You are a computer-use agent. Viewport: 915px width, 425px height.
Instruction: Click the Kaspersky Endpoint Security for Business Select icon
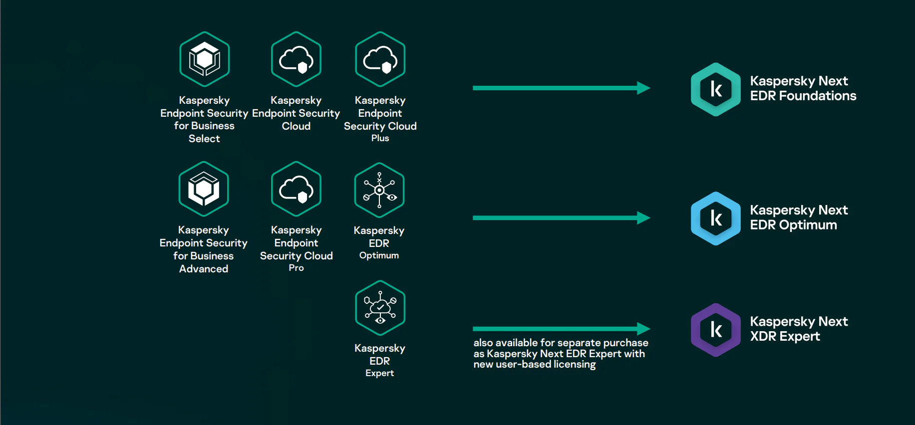(x=205, y=59)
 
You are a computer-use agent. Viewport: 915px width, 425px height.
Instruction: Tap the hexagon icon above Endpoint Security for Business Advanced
(x=204, y=189)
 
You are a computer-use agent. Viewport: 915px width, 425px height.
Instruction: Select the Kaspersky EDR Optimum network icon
(x=379, y=190)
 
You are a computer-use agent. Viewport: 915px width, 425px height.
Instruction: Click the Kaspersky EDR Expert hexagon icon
(x=380, y=308)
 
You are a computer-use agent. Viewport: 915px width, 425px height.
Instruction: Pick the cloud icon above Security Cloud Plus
(x=380, y=59)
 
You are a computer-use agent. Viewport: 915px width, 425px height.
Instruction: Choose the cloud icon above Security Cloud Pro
(x=296, y=189)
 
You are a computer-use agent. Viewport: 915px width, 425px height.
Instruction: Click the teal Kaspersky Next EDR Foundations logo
(x=716, y=89)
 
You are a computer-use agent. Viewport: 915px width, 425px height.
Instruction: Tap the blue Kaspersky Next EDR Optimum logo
(x=716, y=218)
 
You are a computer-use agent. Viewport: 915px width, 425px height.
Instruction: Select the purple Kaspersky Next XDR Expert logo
(x=716, y=330)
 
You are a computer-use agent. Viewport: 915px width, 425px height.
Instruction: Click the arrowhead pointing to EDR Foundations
(x=643, y=88)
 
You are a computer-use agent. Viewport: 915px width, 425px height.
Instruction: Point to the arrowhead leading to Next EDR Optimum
(x=643, y=218)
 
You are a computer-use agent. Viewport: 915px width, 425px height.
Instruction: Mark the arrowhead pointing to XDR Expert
(x=643, y=329)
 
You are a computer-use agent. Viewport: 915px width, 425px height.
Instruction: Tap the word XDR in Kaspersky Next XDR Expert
(x=763, y=337)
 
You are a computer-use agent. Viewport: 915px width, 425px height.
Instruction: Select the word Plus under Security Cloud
(x=380, y=138)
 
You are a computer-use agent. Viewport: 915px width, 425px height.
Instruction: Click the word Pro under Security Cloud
(x=296, y=268)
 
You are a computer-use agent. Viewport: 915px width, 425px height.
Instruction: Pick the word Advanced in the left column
(x=204, y=269)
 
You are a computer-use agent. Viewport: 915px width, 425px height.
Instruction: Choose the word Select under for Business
(x=204, y=139)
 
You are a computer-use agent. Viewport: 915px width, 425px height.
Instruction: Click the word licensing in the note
(x=575, y=365)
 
